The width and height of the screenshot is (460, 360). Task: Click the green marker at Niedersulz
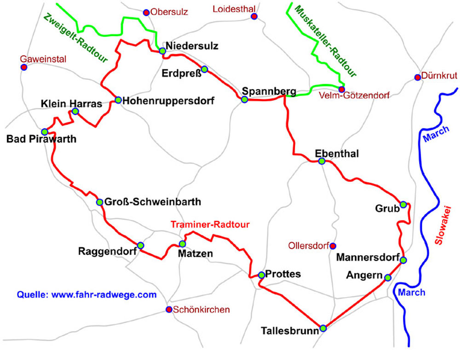162,51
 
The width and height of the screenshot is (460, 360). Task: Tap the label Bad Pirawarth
41,139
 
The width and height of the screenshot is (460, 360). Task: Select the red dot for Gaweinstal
24,68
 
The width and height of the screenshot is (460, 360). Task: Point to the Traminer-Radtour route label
210,225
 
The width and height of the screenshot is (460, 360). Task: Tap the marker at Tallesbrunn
323,328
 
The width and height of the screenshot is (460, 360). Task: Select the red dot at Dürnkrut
417,77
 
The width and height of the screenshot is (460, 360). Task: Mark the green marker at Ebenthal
322,161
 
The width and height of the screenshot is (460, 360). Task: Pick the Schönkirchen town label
201,309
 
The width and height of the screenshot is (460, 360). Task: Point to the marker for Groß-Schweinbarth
99,202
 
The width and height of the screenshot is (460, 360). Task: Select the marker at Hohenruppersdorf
118,100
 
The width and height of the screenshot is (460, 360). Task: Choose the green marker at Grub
403,204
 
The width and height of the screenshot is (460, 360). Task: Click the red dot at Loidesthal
254,17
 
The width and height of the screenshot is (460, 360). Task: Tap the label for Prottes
283,274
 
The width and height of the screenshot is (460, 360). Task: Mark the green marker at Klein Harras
75,111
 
